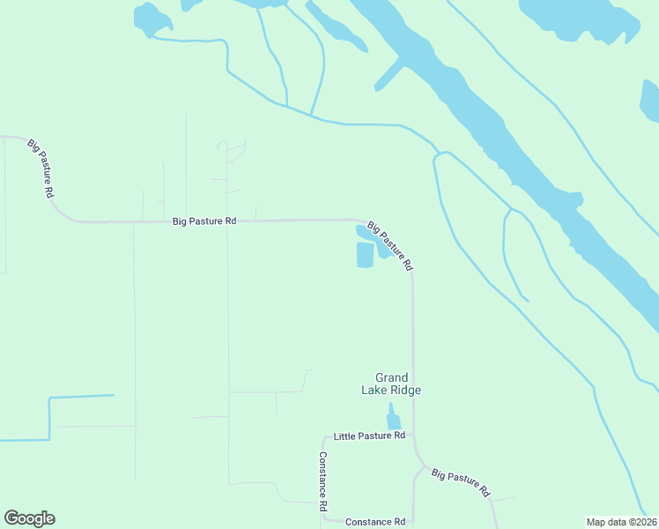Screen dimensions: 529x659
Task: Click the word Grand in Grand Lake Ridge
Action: point(392,377)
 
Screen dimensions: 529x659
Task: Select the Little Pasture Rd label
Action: point(369,436)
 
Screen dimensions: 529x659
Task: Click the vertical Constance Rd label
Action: point(323,483)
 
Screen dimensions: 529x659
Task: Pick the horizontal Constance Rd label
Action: point(374,522)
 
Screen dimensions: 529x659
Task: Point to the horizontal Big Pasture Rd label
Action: point(204,221)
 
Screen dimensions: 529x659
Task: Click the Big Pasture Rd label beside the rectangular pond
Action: point(389,245)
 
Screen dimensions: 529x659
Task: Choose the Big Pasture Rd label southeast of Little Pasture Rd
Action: point(460,483)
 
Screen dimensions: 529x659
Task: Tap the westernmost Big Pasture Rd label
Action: point(41,168)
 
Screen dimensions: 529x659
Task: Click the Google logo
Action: point(29,518)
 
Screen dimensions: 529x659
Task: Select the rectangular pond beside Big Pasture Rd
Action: point(365,255)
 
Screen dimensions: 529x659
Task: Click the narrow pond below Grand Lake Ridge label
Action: point(393,418)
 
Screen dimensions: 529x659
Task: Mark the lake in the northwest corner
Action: point(151,19)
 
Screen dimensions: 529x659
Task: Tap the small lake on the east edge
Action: point(650,101)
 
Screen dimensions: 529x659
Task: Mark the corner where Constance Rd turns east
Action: point(324,519)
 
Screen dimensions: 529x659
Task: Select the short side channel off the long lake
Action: point(389,76)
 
